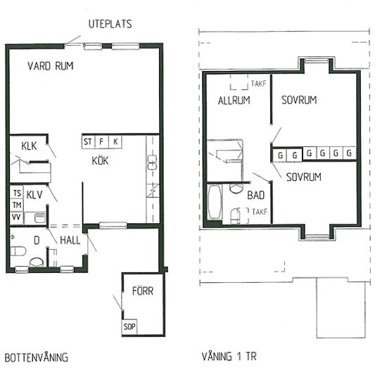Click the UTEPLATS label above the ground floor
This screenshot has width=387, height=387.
pos(110,24)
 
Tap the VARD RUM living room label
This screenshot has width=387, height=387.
pos(51,66)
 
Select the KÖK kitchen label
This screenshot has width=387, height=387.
pos(100,160)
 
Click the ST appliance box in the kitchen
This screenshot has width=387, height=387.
pos(88,141)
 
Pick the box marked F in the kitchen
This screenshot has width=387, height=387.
pos(101,141)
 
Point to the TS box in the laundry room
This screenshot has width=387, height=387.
pos(17,193)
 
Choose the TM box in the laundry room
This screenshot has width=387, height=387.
pos(17,205)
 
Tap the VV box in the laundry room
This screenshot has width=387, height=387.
pos(17,217)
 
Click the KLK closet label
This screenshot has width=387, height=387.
pos(29,146)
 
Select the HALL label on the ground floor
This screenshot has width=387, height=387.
pos(70,240)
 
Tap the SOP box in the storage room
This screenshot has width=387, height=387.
pos(129,326)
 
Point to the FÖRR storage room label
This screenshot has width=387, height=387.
pos(143,291)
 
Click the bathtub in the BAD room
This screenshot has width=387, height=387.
pos(214,202)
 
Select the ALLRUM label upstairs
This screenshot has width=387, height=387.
pos(234,101)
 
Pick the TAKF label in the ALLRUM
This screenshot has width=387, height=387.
pos(259,84)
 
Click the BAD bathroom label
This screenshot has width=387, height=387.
pos(255,195)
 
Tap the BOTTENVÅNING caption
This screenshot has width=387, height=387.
pos(37,357)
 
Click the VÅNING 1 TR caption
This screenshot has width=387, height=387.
pos(229,357)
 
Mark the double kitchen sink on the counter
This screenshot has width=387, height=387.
pos(152,162)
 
